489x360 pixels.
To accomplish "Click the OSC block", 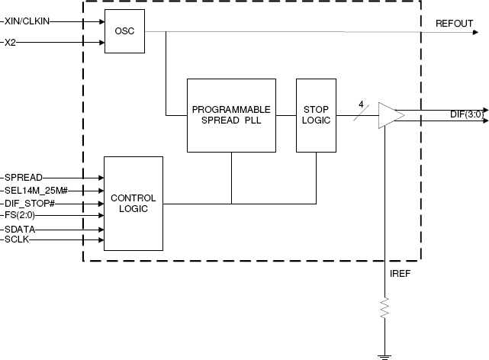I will click(x=124, y=32).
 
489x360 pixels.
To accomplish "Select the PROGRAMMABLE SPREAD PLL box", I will click(x=231, y=115).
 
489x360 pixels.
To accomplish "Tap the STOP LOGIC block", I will click(x=316, y=114).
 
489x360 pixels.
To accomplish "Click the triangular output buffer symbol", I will click(x=391, y=115).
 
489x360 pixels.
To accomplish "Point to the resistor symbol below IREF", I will click(x=385, y=308).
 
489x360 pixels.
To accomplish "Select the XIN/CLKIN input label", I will click(x=27, y=21).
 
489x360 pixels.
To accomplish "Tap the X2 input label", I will click(x=10, y=42).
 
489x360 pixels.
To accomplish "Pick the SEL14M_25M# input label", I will click(x=37, y=190).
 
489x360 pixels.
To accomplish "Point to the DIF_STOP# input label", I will click(x=30, y=204).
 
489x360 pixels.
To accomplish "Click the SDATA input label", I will click(x=19, y=229).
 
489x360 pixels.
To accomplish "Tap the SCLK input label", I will click(x=18, y=240).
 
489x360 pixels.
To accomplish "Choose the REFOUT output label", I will click(x=454, y=24).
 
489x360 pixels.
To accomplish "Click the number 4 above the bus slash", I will click(x=361, y=104).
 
